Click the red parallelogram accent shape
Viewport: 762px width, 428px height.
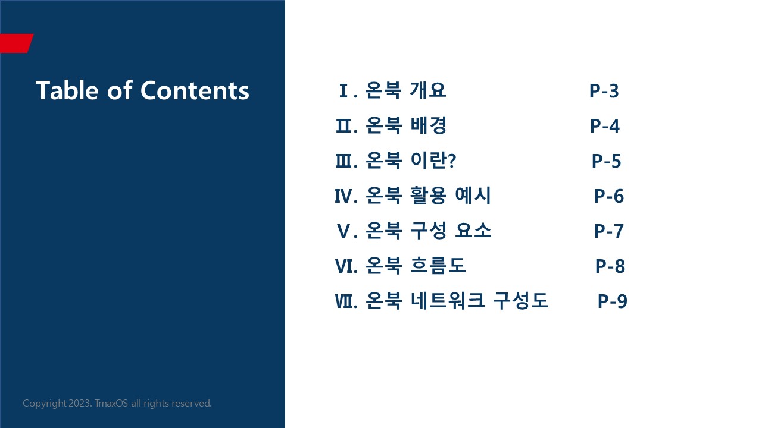pos(16,43)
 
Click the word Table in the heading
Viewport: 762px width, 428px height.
pos(67,90)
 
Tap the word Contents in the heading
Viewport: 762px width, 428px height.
pos(195,90)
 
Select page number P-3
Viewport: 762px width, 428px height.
pos(604,91)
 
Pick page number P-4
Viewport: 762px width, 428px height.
pos(604,126)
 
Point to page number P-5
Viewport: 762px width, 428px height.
pos(606,161)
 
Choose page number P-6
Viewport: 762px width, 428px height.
pos(608,196)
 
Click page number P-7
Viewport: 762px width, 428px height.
pos(608,231)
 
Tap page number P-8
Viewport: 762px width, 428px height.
pos(610,266)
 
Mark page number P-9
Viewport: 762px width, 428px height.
pos(613,301)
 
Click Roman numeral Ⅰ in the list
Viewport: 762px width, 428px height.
pos(343,91)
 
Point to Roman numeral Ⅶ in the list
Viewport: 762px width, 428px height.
pos(343,301)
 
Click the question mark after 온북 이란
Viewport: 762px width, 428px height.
pos(452,160)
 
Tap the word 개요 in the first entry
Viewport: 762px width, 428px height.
pos(427,90)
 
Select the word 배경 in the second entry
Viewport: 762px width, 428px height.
pos(428,125)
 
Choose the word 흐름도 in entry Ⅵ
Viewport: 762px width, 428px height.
pos(438,265)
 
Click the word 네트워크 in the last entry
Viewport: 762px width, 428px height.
pos(447,300)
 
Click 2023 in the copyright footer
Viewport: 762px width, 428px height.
pos(80,403)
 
